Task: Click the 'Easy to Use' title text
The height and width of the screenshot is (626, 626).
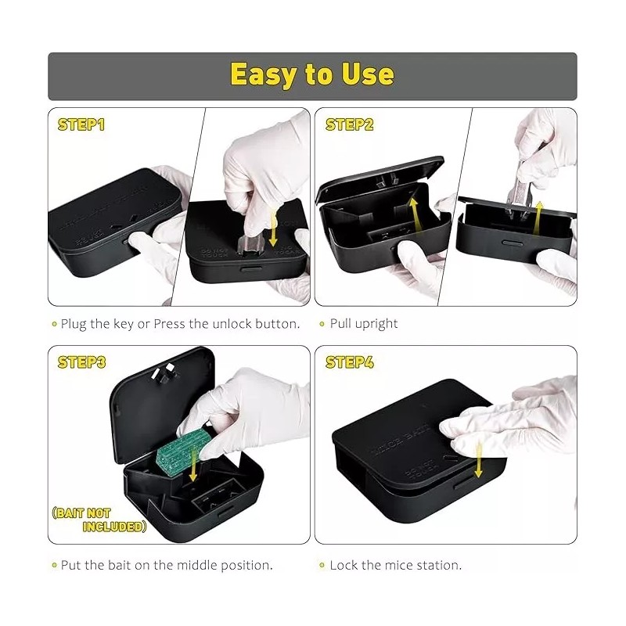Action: point(311,75)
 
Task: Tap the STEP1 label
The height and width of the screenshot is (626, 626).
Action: point(81,124)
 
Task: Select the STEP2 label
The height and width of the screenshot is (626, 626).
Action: point(348,124)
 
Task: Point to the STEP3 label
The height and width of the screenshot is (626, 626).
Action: point(81,362)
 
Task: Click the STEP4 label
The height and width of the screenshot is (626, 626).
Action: point(348,362)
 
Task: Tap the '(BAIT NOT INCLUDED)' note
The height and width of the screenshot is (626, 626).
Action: point(100,520)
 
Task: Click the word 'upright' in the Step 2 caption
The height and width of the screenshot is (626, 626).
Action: point(379,324)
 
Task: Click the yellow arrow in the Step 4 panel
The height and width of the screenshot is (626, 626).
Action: point(478,458)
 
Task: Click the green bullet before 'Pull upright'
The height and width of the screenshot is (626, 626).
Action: point(322,324)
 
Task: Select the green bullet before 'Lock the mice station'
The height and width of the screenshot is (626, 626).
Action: point(322,565)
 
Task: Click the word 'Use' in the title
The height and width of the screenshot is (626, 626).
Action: point(367,75)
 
